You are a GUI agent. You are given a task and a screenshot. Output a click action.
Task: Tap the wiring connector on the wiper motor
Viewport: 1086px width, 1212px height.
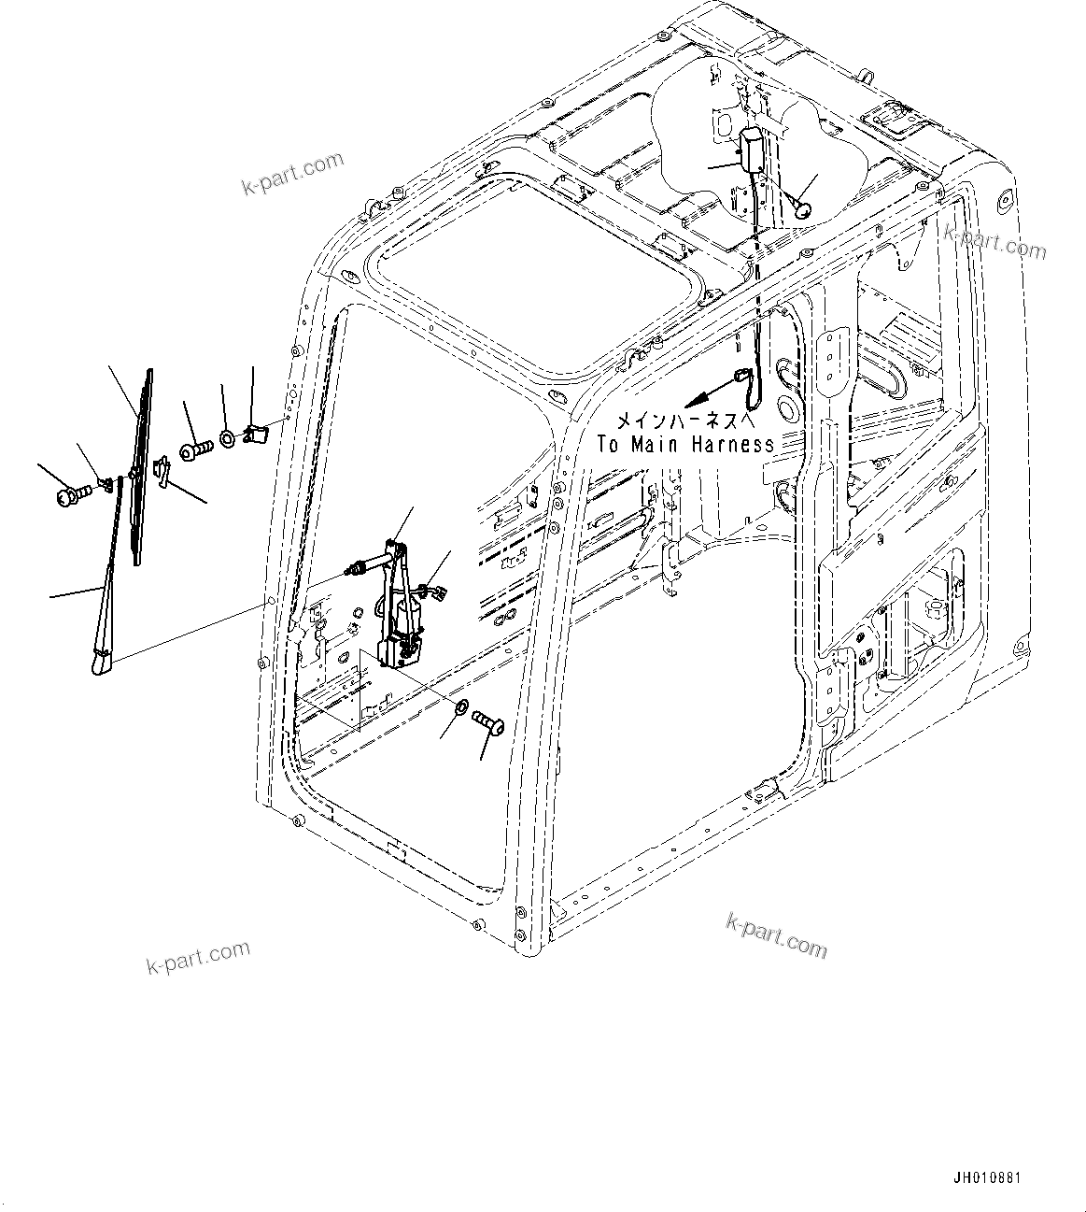pos(433,590)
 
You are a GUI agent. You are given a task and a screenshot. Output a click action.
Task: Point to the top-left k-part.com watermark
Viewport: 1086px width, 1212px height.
pos(292,175)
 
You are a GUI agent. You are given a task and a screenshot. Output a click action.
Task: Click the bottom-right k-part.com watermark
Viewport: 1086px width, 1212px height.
pos(776,935)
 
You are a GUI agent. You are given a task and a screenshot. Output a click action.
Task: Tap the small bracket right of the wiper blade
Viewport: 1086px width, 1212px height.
pos(162,472)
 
